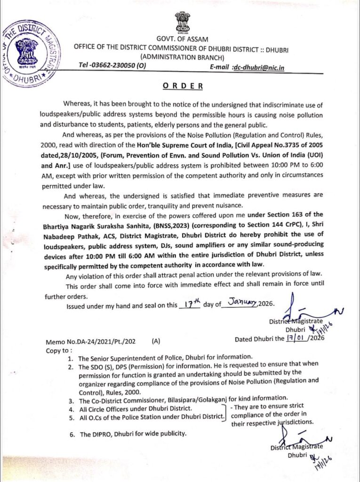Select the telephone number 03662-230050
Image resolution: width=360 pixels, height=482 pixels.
112,67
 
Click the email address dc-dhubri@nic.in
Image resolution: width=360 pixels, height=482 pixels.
258,67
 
